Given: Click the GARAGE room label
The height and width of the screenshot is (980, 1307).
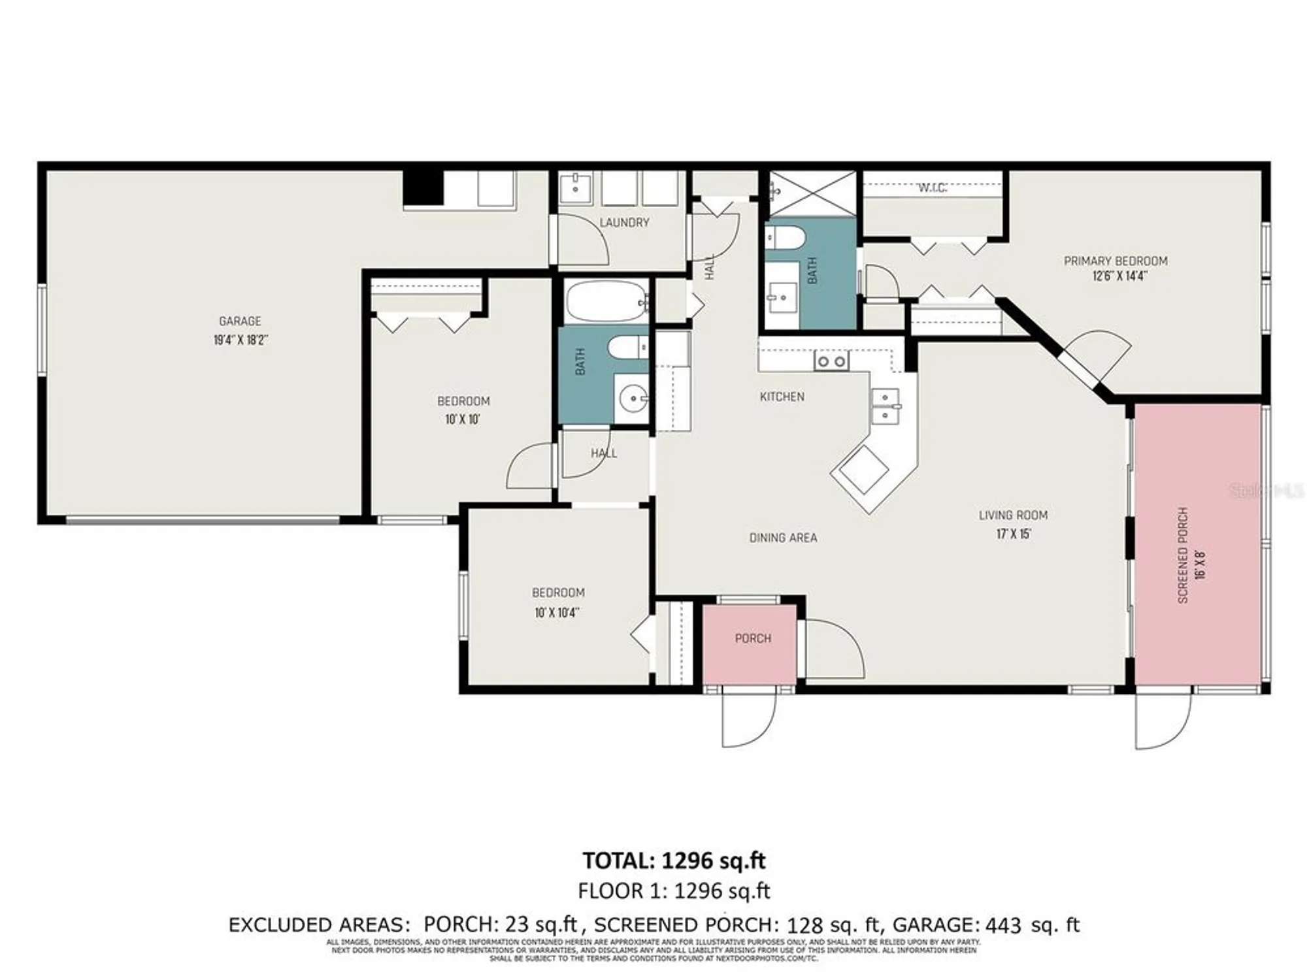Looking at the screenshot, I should click(240, 321).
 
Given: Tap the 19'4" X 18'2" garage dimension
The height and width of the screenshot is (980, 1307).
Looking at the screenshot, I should click(240, 340).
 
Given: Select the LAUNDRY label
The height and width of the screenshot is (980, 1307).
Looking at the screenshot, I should click(624, 223).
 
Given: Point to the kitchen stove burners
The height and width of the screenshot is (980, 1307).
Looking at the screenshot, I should click(831, 361).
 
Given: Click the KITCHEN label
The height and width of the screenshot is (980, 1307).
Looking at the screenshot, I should click(782, 397).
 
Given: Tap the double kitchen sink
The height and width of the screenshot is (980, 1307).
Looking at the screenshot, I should click(886, 406).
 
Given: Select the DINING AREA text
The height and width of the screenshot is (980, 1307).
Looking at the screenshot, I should click(783, 538).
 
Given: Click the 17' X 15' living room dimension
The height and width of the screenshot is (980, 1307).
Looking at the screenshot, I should click(1013, 534).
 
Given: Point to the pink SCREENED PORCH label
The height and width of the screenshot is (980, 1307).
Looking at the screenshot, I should click(1182, 555).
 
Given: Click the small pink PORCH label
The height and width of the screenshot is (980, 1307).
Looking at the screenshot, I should click(753, 638).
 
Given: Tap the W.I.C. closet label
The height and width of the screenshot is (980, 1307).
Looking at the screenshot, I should click(933, 188).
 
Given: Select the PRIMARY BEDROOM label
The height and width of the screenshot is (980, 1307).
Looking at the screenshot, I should click(1116, 261).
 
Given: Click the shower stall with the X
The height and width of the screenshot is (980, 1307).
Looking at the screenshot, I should click(812, 193).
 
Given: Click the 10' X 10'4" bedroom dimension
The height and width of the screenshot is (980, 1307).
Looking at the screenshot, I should click(557, 613).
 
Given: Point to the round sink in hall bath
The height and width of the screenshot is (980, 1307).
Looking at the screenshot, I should click(632, 398).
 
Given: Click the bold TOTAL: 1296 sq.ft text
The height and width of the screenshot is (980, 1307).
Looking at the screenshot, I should click(674, 860).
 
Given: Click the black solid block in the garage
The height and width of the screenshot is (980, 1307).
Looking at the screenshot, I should click(423, 188).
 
